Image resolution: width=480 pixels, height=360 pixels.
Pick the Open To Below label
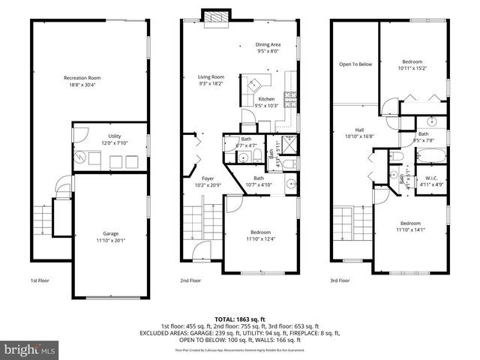(x=355, y=64)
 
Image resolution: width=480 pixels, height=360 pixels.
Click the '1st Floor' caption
(x=40, y=280)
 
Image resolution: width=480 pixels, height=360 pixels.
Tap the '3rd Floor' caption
(x=340, y=280)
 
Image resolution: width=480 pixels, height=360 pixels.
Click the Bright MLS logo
(x=30, y=349)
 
